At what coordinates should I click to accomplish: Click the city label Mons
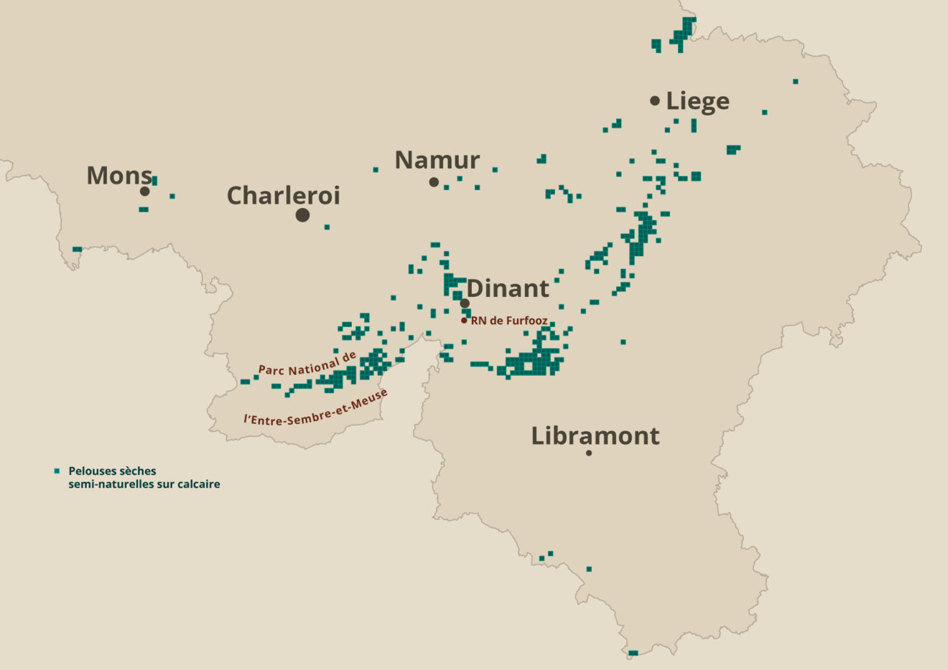point(119,175)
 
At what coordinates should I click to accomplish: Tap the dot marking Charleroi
point(302,214)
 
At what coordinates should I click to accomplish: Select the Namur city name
point(437,159)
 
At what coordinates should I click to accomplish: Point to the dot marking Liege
point(654,101)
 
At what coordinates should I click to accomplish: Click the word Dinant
point(508,288)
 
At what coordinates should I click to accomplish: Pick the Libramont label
point(595,435)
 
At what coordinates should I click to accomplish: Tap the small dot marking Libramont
point(589,453)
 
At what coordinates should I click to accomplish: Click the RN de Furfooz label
point(509,321)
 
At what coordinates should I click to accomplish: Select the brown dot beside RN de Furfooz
point(464,321)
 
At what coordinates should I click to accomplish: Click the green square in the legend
point(57,471)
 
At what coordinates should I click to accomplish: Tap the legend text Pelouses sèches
point(112,471)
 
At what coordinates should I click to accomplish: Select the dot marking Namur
point(434,182)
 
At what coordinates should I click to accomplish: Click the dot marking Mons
point(144,192)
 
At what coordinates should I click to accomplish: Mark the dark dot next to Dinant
point(465,303)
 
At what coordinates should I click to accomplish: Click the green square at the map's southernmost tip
point(633,654)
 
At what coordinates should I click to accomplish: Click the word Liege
point(697,101)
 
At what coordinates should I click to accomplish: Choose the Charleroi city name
point(283,195)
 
